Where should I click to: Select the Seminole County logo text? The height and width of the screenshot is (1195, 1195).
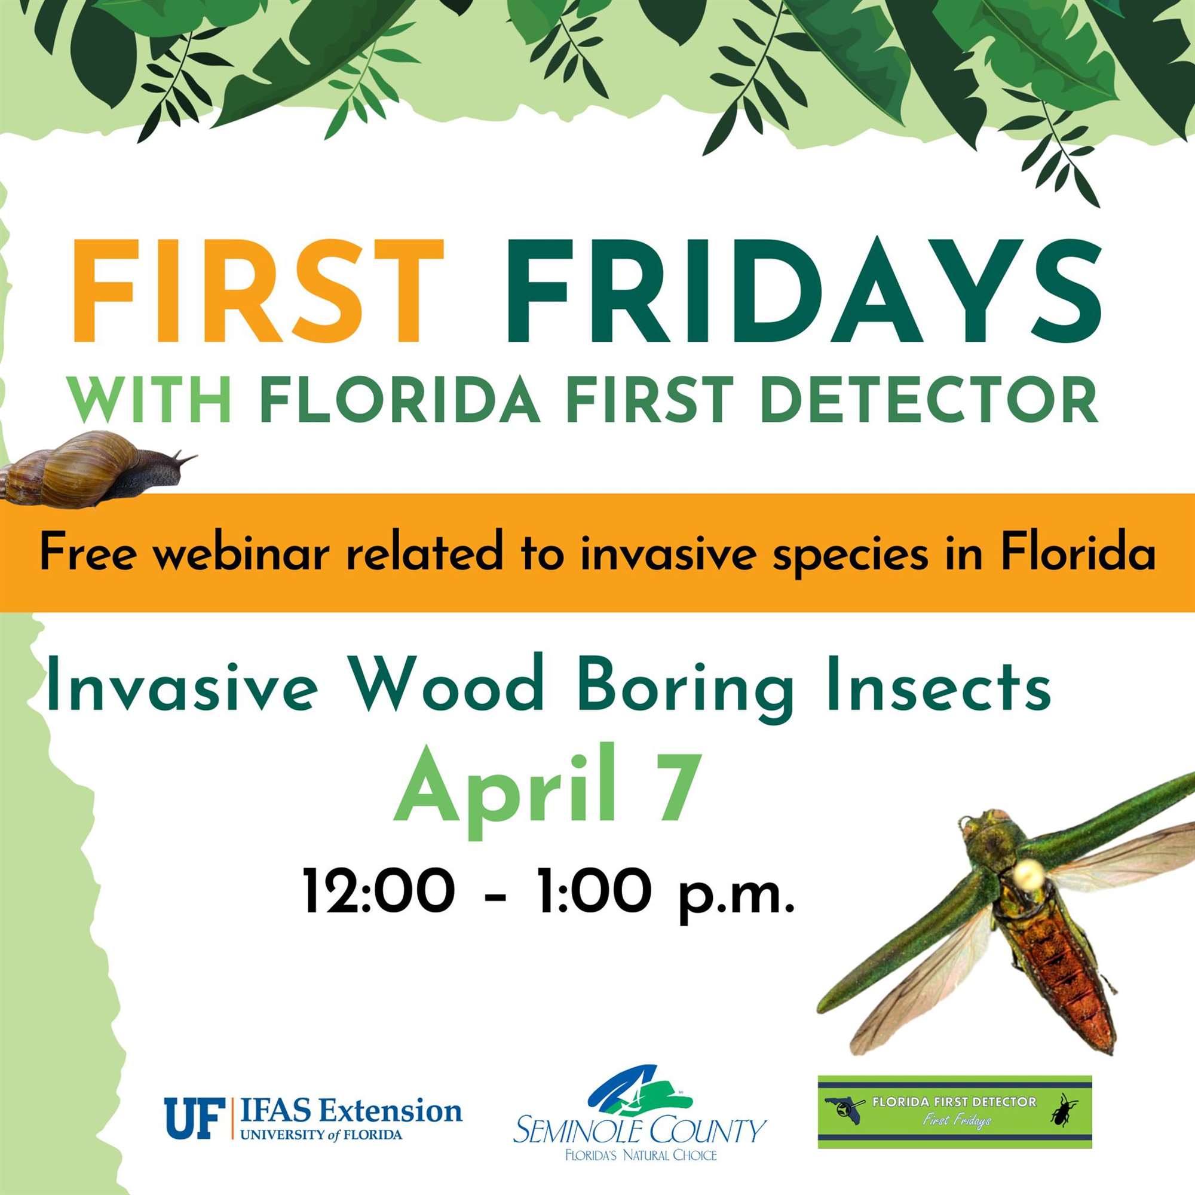tap(639, 1114)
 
